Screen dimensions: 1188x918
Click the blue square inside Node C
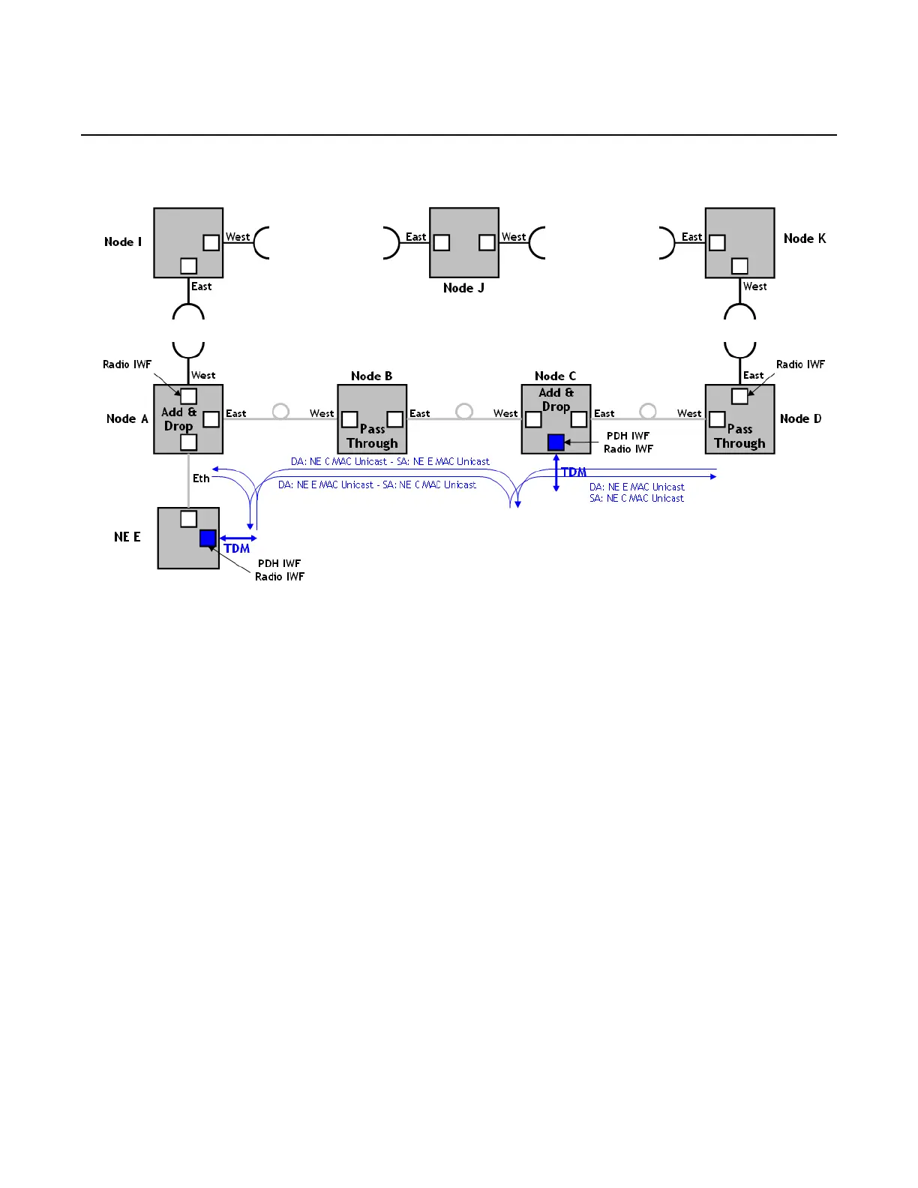(556, 442)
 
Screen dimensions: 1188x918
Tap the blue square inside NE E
(208, 538)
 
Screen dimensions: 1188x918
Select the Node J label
(463, 288)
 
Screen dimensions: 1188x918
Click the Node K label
(805, 238)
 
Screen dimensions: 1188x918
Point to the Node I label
(123, 241)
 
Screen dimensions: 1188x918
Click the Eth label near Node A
(201, 478)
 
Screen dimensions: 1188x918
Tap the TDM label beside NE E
(237, 549)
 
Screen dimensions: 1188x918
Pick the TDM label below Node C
(574, 472)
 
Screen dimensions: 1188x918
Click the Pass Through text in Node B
(372, 436)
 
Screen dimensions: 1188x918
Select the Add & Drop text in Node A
(178, 419)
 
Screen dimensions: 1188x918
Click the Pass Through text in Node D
(739, 436)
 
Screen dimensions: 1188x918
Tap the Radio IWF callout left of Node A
(127, 364)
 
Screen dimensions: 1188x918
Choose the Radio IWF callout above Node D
(800, 364)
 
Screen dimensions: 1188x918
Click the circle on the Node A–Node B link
(280, 411)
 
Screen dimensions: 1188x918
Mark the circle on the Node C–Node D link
(648, 411)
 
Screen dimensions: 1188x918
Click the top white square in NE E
(189, 519)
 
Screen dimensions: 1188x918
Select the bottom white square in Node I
(189, 266)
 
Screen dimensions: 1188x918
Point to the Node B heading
(371, 376)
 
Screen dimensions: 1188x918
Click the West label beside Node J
(514, 237)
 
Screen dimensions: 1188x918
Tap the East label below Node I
(201, 286)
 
